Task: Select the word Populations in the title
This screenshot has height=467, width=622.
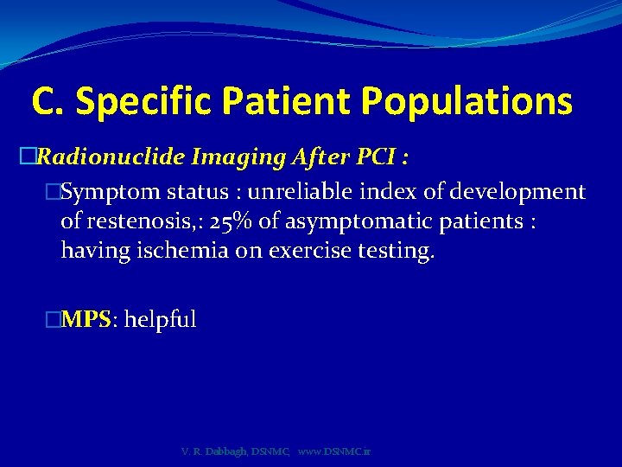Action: click(x=466, y=102)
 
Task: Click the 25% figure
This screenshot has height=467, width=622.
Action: click(x=232, y=222)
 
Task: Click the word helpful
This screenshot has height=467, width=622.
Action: click(x=161, y=319)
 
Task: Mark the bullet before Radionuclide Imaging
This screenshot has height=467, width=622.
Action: click(x=26, y=157)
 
